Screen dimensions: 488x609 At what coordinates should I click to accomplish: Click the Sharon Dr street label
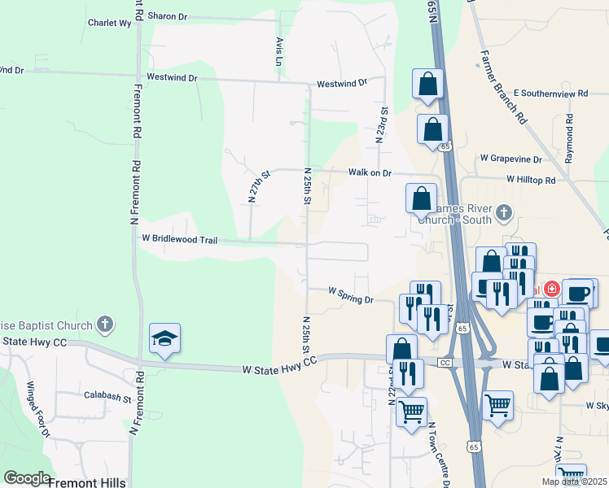pyautogui.click(x=167, y=16)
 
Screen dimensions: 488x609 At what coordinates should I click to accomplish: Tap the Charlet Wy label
pyautogui.click(x=109, y=24)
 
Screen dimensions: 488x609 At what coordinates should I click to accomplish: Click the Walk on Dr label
pyautogui.click(x=370, y=173)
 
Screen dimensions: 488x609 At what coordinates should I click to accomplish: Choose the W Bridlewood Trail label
pyautogui.click(x=179, y=239)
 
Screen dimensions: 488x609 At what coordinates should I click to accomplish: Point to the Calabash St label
pyautogui.click(x=107, y=398)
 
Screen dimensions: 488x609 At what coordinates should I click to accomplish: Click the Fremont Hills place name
pyautogui.click(x=87, y=482)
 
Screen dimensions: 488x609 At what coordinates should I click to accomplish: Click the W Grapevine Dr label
pyautogui.click(x=510, y=159)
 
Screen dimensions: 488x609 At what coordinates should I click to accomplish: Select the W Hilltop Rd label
pyautogui.click(x=530, y=179)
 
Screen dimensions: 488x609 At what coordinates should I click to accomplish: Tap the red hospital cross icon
pyautogui.click(x=551, y=289)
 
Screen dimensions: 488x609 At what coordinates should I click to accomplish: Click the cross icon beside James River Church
pyautogui.click(x=504, y=214)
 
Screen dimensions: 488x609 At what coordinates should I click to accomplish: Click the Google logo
pyautogui.click(x=27, y=478)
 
